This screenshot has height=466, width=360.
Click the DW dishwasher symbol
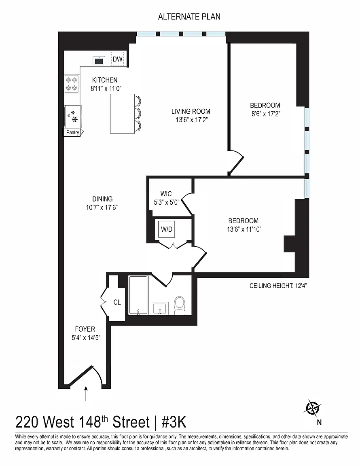point(117,59)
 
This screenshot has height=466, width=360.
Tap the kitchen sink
point(99,61)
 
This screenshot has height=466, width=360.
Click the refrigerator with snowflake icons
point(72,116)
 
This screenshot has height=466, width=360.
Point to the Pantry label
point(72,133)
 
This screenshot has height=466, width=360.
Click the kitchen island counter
point(122,114)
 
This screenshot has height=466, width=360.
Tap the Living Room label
point(191,112)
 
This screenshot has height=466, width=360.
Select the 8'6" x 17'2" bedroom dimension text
point(266,114)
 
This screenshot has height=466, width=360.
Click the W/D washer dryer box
point(167,229)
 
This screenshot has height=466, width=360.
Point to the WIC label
point(166,194)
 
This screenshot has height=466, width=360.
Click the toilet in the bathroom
point(179,305)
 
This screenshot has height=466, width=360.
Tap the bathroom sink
point(160,308)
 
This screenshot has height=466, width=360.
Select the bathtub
point(138,295)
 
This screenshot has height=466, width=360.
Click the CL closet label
point(117,302)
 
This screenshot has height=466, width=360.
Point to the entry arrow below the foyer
point(86,394)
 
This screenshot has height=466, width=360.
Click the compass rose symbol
point(312,407)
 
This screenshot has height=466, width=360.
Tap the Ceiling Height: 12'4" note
point(278,286)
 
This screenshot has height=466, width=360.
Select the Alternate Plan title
point(189,17)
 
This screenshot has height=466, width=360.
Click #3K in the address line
point(174,422)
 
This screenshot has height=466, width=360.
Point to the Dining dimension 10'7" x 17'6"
point(102,207)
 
